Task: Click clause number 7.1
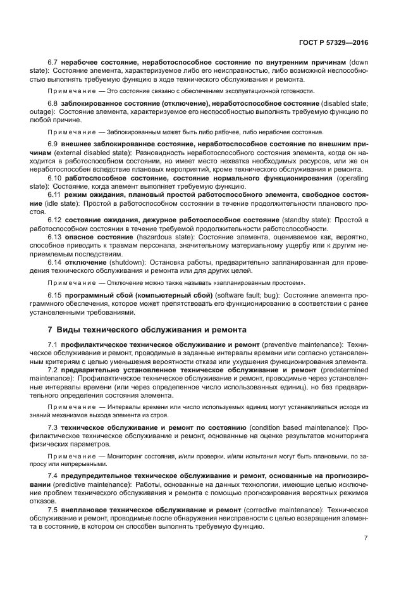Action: click(53, 344)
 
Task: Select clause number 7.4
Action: click(53, 475)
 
